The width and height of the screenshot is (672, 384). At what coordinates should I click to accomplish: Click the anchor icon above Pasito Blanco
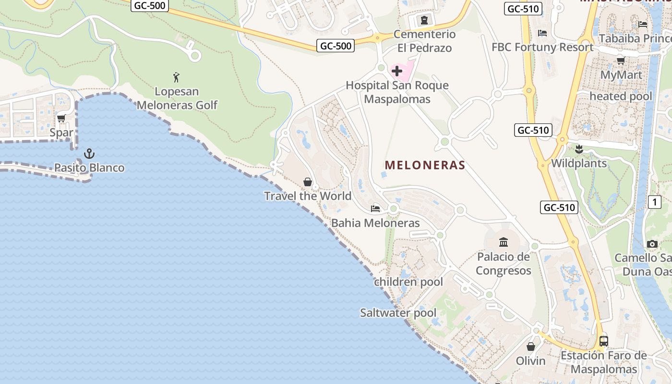tap(89, 154)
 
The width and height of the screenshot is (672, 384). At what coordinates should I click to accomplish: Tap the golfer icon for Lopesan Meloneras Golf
tap(177, 77)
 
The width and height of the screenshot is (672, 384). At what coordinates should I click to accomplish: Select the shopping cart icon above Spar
tap(61, 118)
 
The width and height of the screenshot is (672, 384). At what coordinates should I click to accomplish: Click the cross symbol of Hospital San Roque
tap(397, 72)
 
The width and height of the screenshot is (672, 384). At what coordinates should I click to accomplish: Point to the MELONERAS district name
tap(425, 165)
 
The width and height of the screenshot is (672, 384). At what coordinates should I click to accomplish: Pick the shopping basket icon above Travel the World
tap(308, 182)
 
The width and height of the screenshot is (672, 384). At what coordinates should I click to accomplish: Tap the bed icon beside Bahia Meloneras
tap(375, 208)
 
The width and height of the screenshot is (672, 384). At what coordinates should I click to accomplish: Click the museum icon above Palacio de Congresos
tap(504, 242)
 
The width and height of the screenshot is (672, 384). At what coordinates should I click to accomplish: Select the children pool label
tap(408, 282)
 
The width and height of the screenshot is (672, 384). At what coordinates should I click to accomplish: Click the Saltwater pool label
tap(398, 313)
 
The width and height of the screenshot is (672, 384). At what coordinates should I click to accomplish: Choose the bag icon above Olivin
tap(531, 347)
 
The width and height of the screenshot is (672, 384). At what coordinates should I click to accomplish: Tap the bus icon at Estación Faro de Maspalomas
tap(604, 341)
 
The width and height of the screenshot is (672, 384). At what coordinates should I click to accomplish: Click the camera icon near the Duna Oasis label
tap(652, 244)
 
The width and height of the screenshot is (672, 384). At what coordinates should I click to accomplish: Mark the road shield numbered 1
tap(655, 202)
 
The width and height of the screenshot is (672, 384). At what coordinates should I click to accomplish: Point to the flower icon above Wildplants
tap(579, 149)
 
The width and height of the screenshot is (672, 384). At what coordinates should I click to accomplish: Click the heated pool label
tap(621, 96)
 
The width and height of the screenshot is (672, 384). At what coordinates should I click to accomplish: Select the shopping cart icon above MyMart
tap(621, 60)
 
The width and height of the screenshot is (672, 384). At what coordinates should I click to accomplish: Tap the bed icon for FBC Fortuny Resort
tap(542, 33)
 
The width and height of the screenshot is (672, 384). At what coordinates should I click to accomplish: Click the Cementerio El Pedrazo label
tap(424, 41)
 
